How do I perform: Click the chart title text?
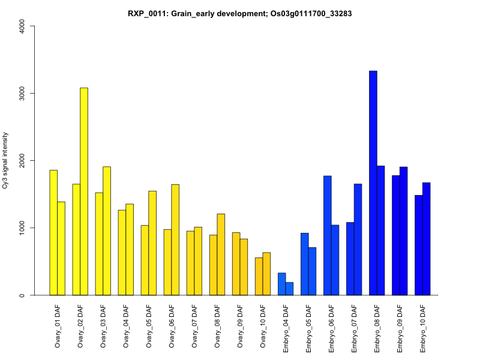pos(239,13)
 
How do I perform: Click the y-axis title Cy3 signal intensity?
pos(5,161)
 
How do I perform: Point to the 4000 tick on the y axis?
pos(23,26)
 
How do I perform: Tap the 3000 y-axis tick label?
pos(23,93)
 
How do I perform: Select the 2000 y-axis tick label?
pos(23,160)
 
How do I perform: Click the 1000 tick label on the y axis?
pos(23,227)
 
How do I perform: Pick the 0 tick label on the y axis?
pos(23,295)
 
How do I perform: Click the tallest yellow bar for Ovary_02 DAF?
pos(84,191)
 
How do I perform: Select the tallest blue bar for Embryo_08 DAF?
pos(373,183)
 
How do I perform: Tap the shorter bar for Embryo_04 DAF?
pos(289,289)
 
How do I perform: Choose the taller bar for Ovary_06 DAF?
pos(175,240)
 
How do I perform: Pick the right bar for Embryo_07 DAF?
pos(358,239)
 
